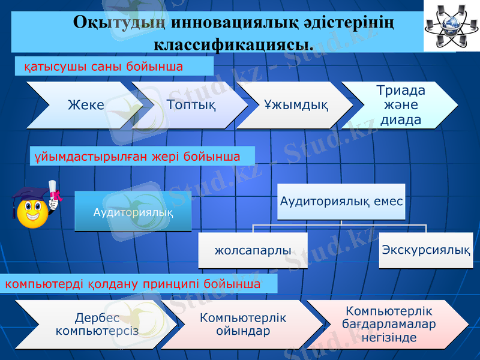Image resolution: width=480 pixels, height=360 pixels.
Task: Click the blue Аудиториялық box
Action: coord(133,212)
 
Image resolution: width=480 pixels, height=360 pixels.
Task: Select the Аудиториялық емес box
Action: coord(341,202)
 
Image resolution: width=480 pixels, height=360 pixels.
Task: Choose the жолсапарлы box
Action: coord(253,250)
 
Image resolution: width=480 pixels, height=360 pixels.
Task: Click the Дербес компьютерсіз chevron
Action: coord(96,325)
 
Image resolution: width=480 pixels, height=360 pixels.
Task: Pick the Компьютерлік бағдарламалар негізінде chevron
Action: coord(389,324)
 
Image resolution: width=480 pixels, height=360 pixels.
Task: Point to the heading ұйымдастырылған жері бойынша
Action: coord(137,157)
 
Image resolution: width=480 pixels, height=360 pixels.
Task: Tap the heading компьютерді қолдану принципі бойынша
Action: coord(133,283)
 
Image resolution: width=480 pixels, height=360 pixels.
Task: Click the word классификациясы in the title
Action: coord(233,44)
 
